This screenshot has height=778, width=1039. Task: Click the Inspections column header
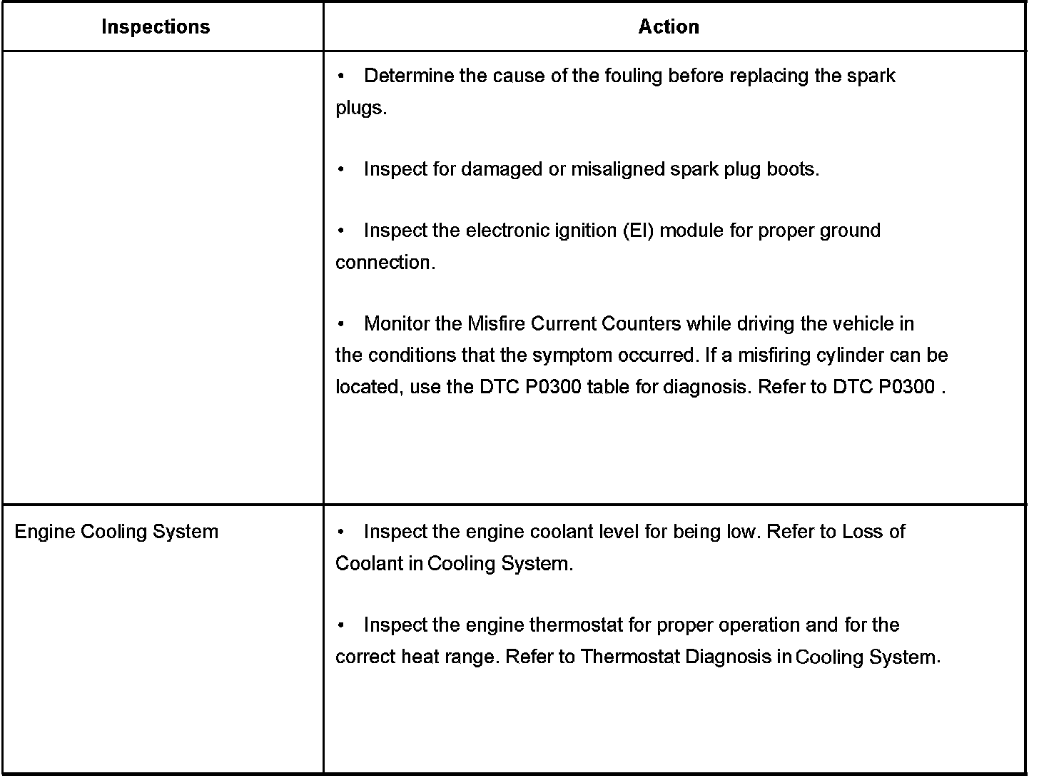[156, 27]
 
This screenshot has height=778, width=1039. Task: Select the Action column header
[669, 27]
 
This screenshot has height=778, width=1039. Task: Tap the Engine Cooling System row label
[116, 532]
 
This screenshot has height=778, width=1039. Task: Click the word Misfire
[497, 324]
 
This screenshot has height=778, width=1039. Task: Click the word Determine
[409, 76]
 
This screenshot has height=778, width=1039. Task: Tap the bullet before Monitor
[343, 324]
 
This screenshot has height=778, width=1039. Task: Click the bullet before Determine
[343, 76]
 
